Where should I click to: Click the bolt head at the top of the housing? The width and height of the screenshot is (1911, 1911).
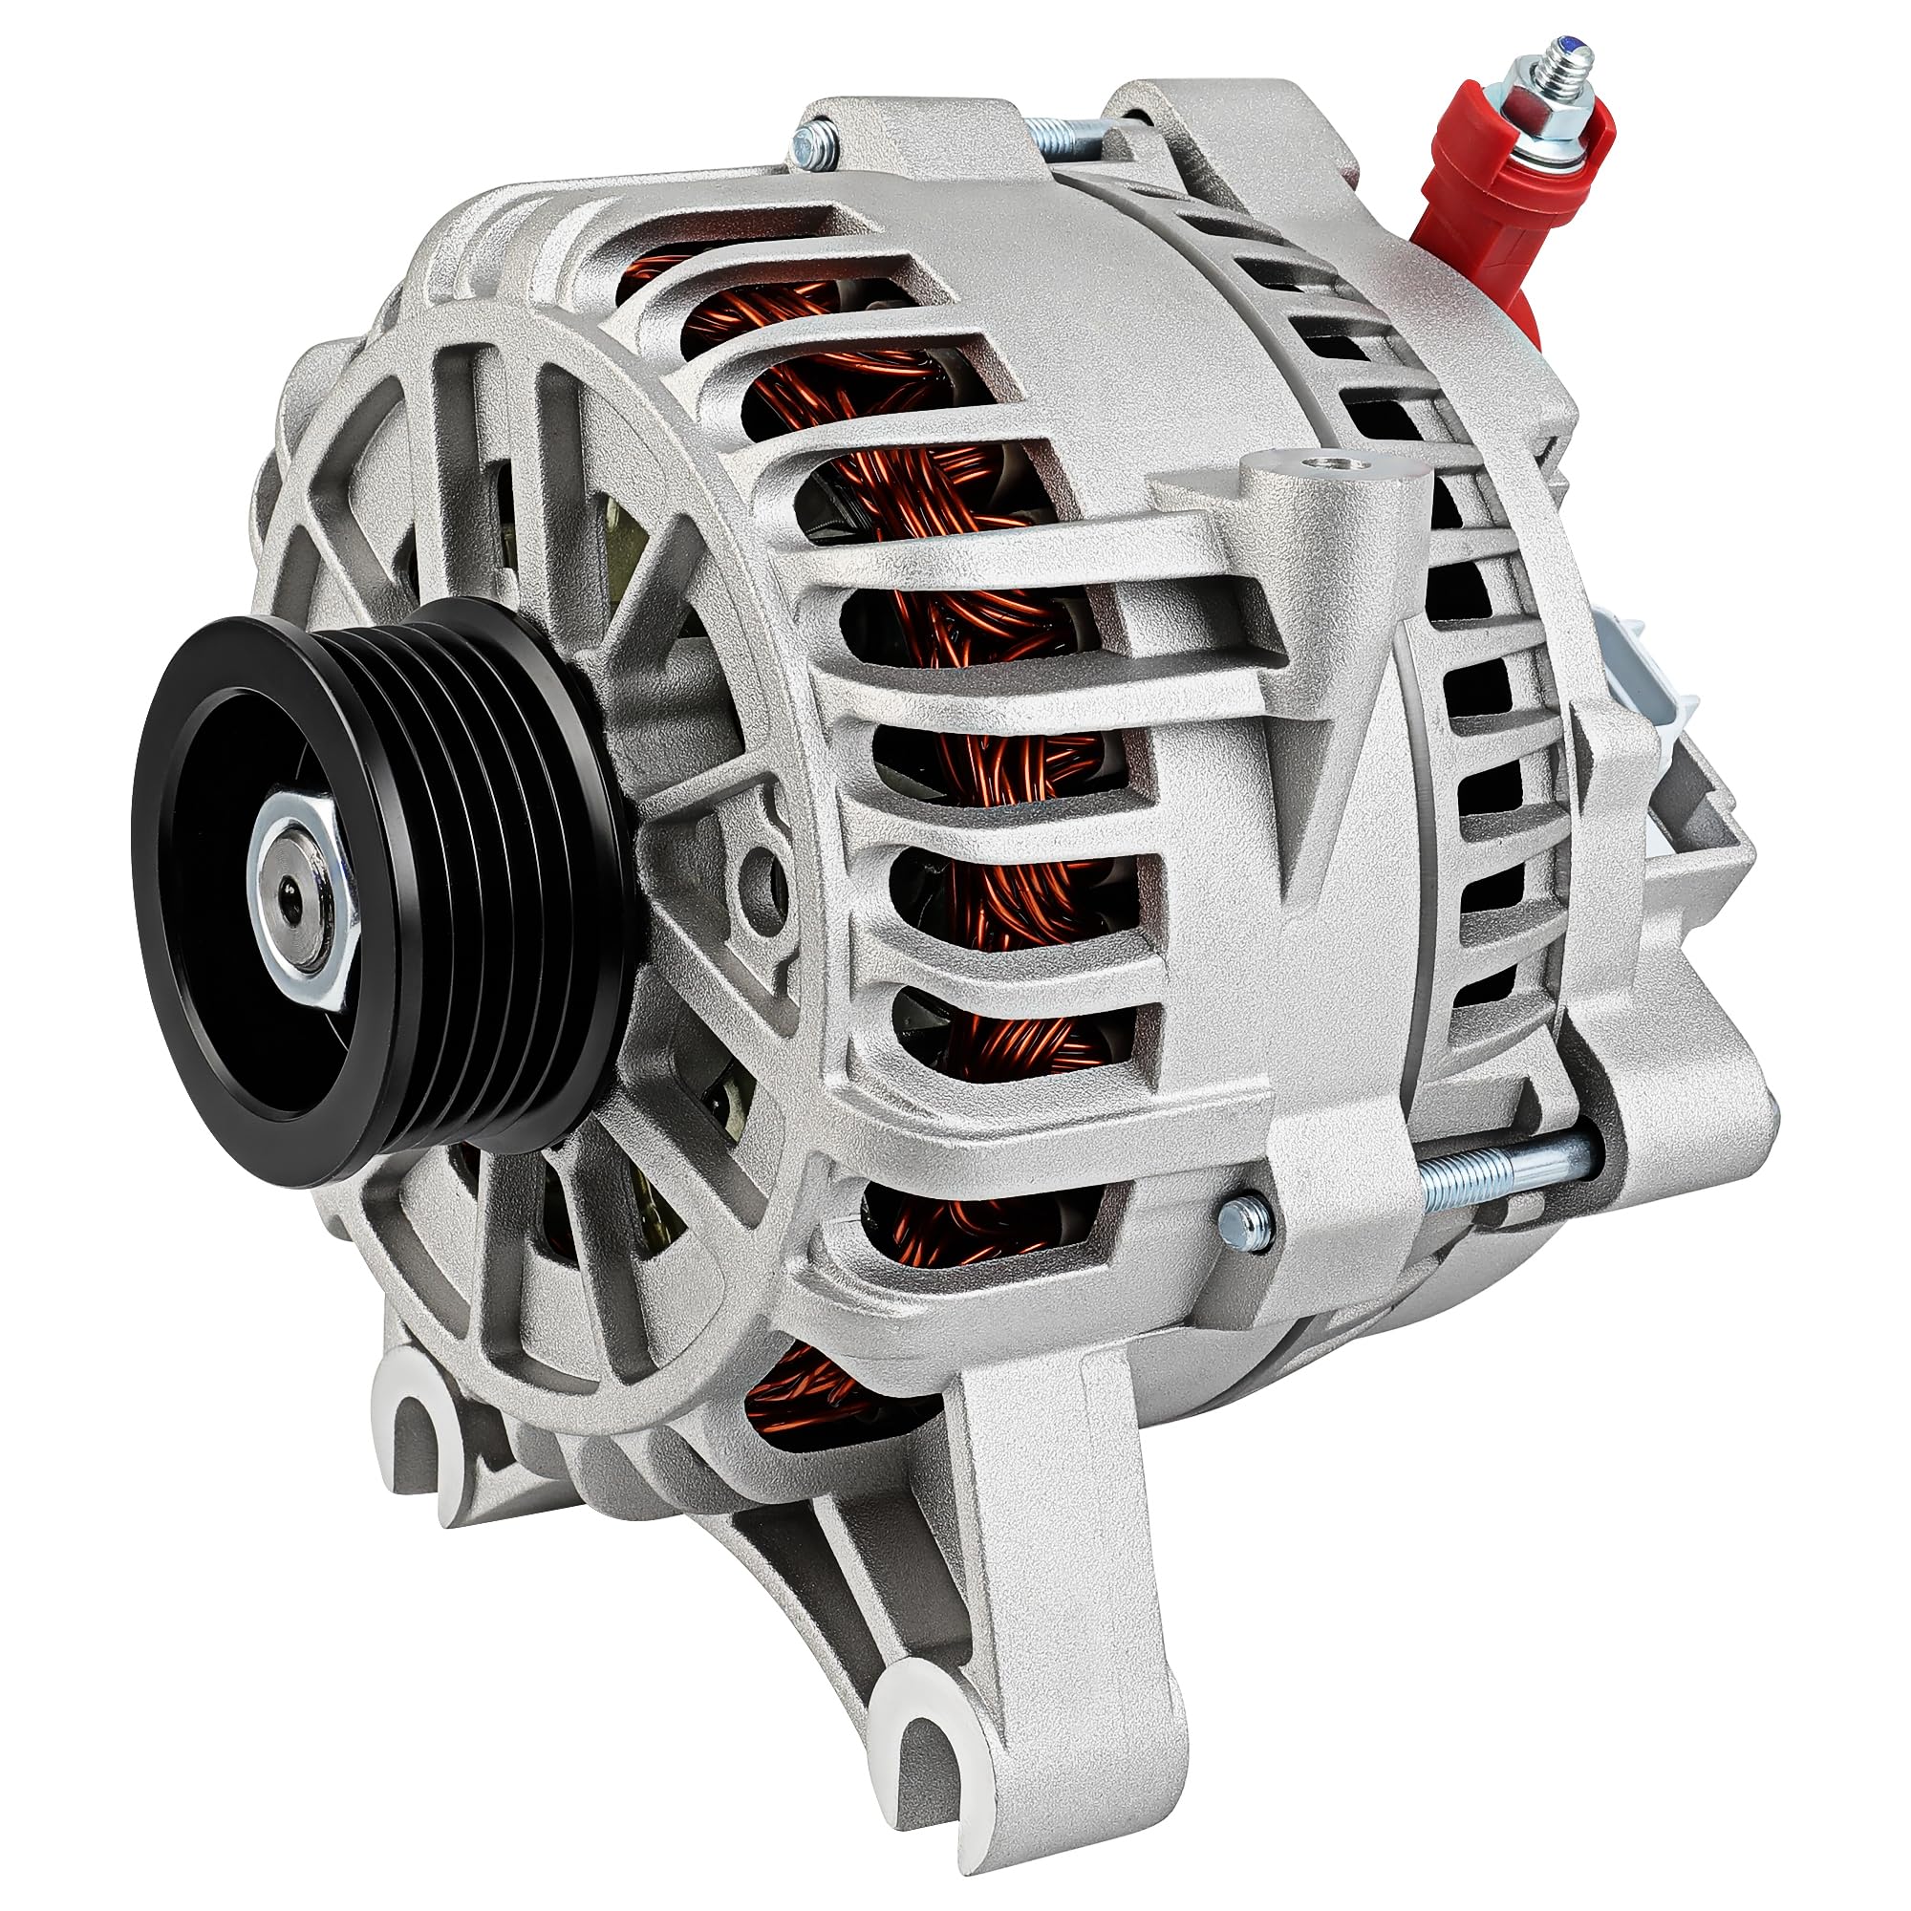814,143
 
